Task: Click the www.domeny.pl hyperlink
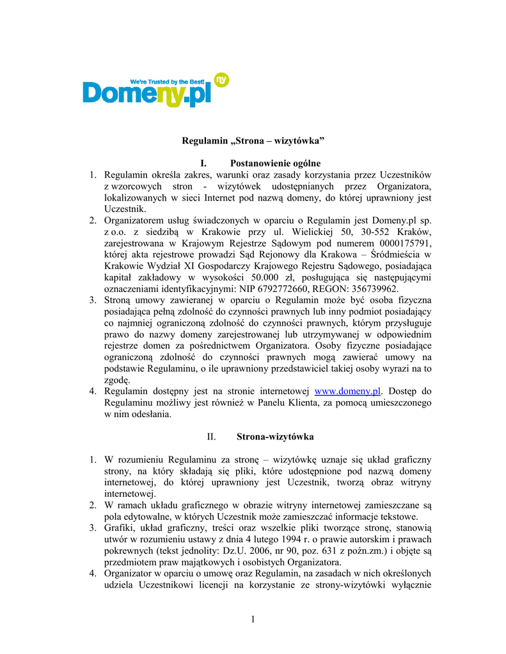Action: (348, 391)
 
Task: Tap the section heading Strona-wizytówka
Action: (275, 437)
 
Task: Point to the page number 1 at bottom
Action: (253, 618)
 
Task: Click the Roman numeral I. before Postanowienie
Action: (205, 163)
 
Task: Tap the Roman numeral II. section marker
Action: (212, 437)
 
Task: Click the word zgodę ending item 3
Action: (117, 379)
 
